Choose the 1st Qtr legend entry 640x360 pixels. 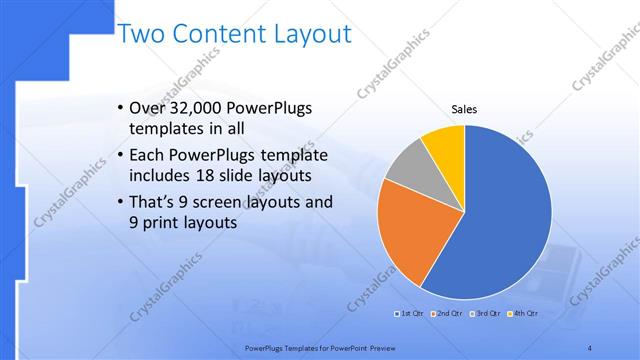click(407, 314)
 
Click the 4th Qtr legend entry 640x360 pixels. click(524, 314)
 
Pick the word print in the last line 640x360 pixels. click(165, 224)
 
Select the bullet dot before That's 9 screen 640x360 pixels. click(121, 201)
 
